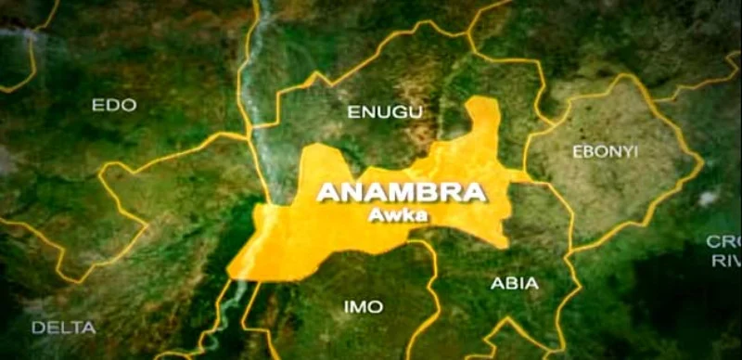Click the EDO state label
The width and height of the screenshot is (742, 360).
coord(114,106)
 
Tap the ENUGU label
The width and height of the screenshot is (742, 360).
coord(385,112)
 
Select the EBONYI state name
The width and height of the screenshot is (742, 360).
coord(605,151)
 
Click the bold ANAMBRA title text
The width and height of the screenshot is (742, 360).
coord(402,193)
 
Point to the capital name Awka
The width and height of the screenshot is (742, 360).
coord(401,212)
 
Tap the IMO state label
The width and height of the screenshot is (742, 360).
coord(363,306)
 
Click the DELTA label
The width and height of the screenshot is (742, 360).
coord(63,328)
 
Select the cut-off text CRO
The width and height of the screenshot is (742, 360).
coord(723,241)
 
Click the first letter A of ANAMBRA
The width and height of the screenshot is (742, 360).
coord(326,193)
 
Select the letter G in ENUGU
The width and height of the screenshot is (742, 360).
coord(399,112)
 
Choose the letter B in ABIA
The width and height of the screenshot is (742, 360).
coord(507,284)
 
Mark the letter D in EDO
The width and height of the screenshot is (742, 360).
coord(114,106)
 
